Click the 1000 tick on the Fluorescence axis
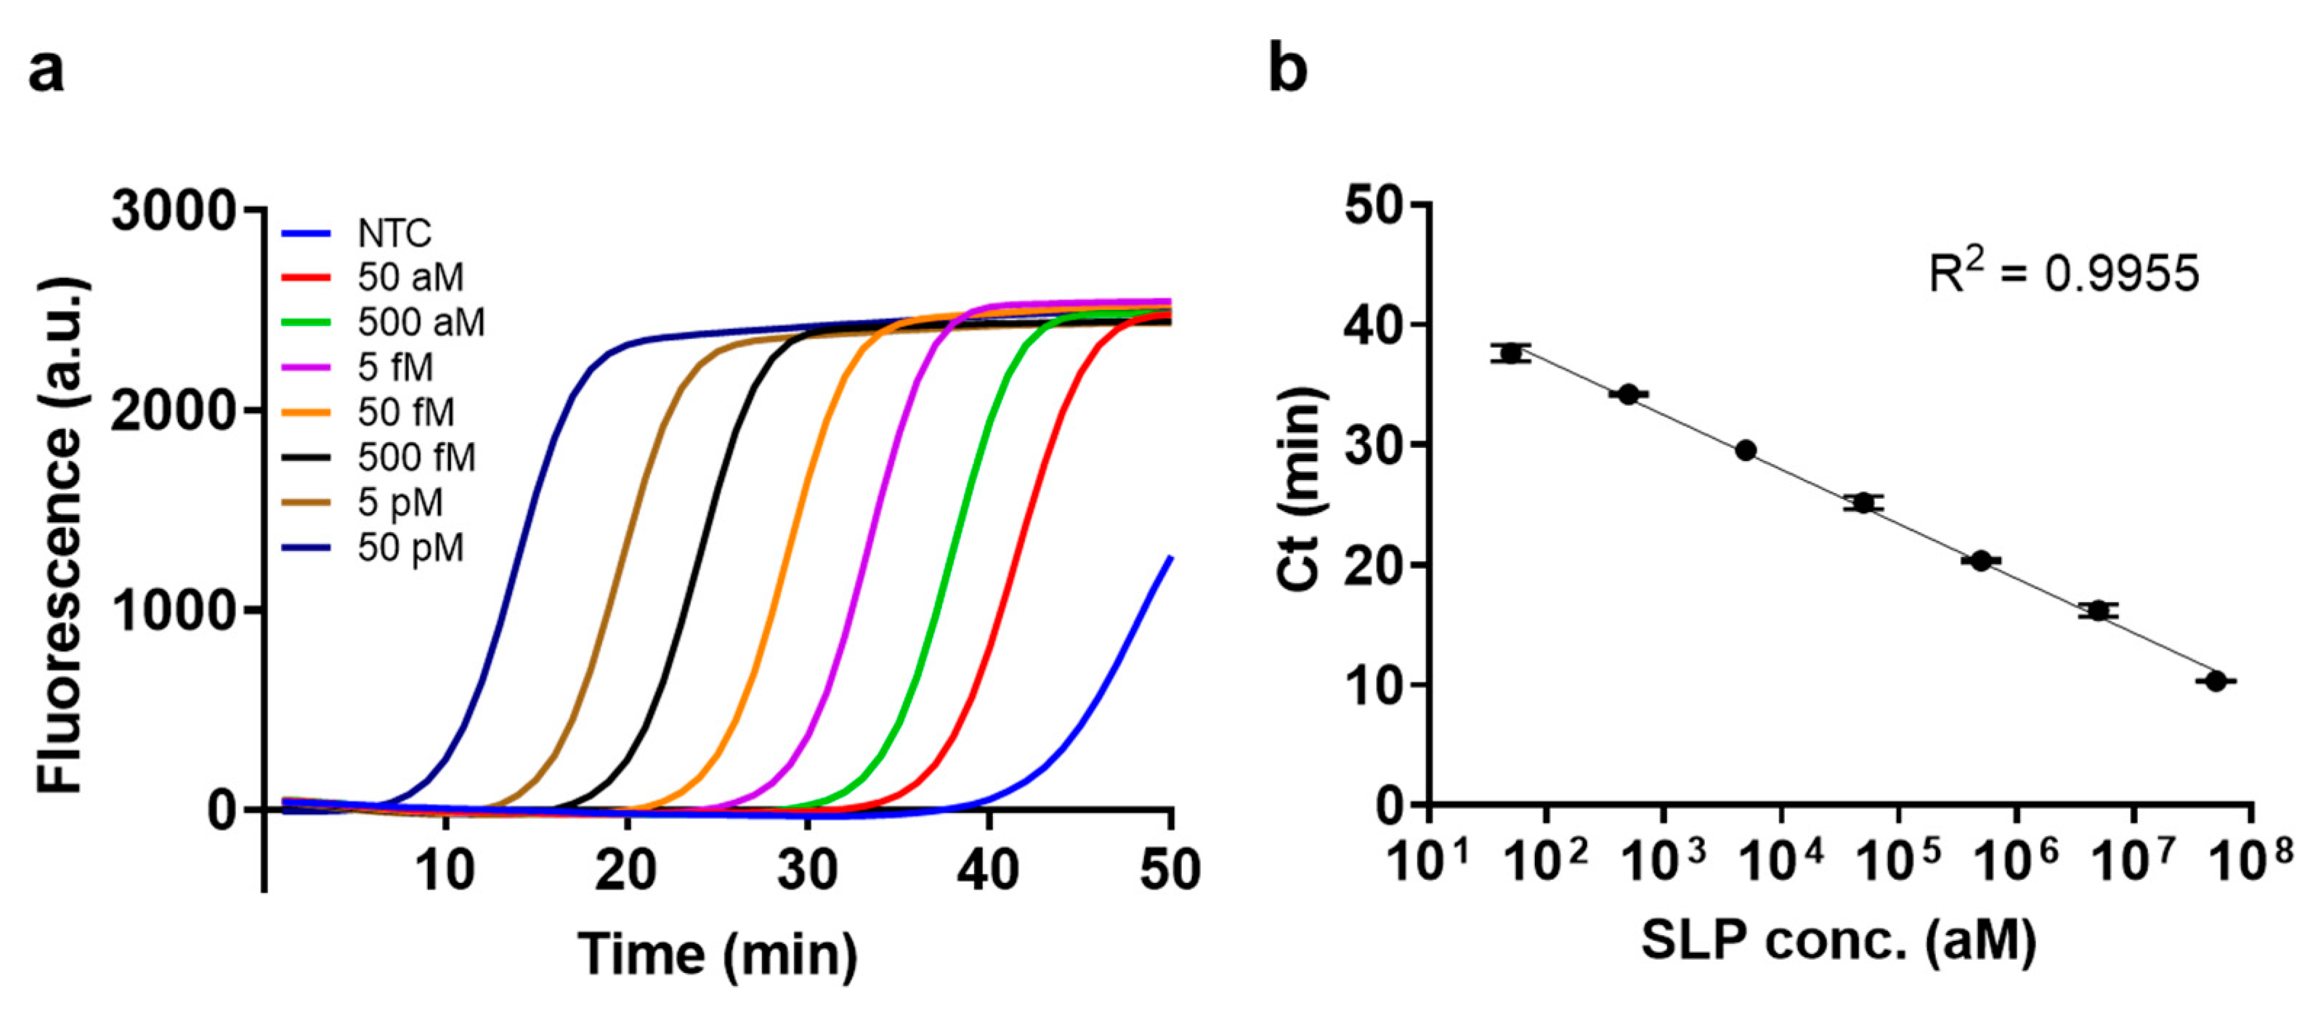click(173, 611)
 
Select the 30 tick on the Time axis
click(807, 870)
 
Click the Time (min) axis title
click(717, 954)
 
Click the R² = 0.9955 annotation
click(2063, 272)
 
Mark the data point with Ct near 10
click(2216, 682)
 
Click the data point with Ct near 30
click(1746, 451)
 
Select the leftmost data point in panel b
click(1511, 354)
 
